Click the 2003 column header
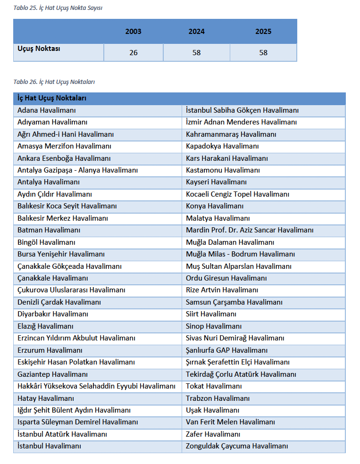click(133, 32)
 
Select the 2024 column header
click(196, 32)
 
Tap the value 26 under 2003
click(134, 53)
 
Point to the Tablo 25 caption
click(58, 8)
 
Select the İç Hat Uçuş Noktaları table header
click(51, 98)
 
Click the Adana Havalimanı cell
click(46, 110)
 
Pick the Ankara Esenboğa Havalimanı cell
click(64, 158)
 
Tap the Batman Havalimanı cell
click(49, 230)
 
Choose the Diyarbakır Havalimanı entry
click(53, 314)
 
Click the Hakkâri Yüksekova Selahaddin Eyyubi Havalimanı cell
click(96, 386)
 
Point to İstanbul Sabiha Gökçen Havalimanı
click(242, 110)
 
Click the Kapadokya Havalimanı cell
click(222, 146)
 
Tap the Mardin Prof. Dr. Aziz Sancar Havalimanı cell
click(250, 230)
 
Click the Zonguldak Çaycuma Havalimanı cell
click(237, 446)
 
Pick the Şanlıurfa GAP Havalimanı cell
click(226, 350)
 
